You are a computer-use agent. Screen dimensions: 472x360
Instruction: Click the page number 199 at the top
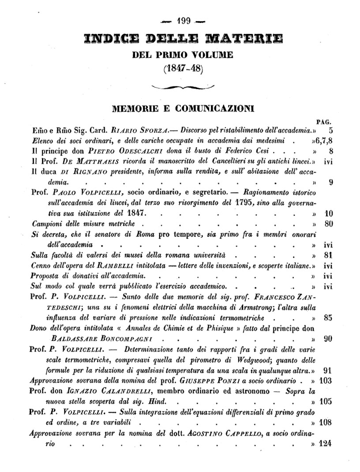coord(183,20)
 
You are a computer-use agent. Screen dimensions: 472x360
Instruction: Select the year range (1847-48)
coord(182,69)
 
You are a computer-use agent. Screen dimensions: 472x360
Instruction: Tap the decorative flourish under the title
coord(182,87)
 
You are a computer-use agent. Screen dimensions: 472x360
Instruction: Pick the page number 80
coord(327,224)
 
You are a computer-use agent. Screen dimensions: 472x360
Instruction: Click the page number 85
coord(327,317)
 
